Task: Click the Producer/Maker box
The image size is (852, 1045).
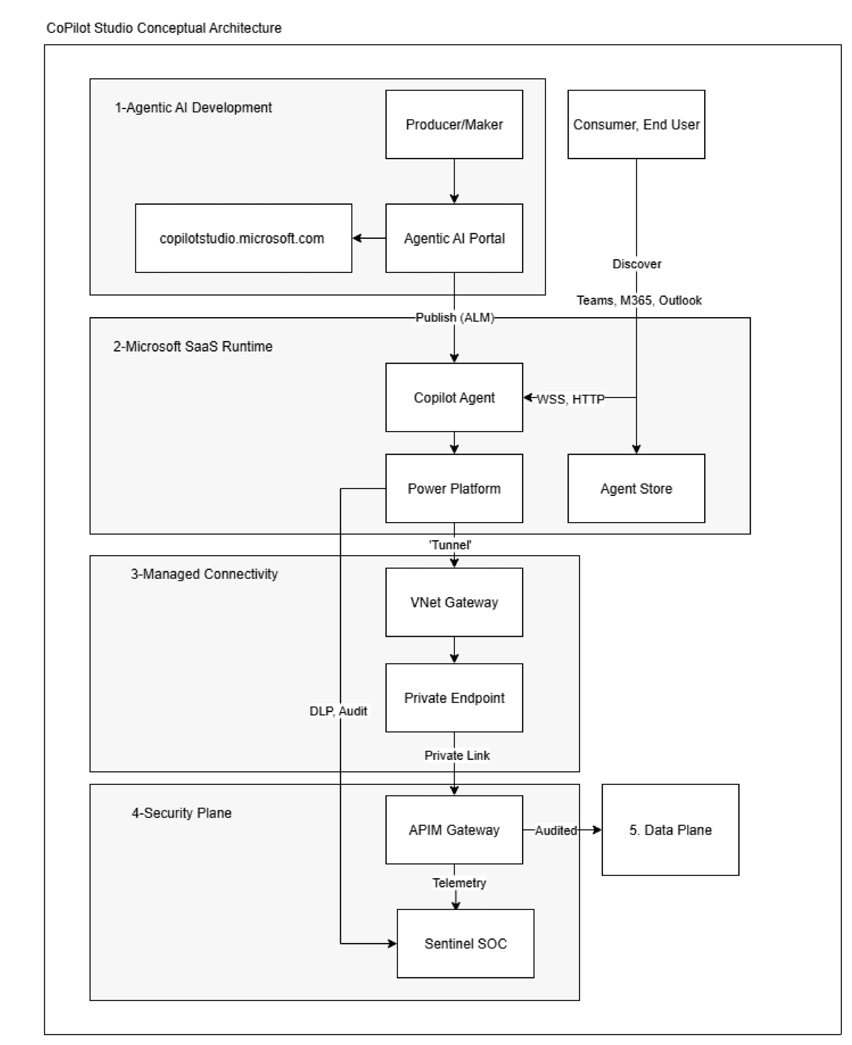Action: coord(454,124)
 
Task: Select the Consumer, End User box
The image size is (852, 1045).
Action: coord(636,124)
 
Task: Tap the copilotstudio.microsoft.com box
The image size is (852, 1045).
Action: coord(243,238)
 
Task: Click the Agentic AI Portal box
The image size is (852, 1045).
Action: coord(454,238)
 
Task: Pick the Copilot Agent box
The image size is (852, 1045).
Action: coord(454,398)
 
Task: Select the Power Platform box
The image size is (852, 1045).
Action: coord(454,488)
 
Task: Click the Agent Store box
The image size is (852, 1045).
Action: coord(636,488)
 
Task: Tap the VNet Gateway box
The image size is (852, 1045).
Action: coord(454,602)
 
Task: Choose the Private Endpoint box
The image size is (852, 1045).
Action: coord(454,698)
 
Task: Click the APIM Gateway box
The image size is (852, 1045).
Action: coord(454,829)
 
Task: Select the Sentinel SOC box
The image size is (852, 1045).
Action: coord(465,943)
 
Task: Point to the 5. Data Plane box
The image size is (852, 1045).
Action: coord(670,829)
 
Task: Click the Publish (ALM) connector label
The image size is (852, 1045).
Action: coord(454,318)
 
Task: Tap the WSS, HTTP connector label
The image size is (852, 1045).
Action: coord(570,399)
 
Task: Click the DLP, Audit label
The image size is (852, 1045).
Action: coord(338,711)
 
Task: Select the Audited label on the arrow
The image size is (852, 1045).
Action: coord(556,830)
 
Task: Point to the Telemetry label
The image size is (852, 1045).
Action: coord(459,883)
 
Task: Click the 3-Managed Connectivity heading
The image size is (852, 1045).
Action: coord(204,574)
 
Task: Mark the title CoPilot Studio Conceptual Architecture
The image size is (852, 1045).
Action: coord(164,28)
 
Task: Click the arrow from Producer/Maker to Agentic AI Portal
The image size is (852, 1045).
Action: coord(454,180)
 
